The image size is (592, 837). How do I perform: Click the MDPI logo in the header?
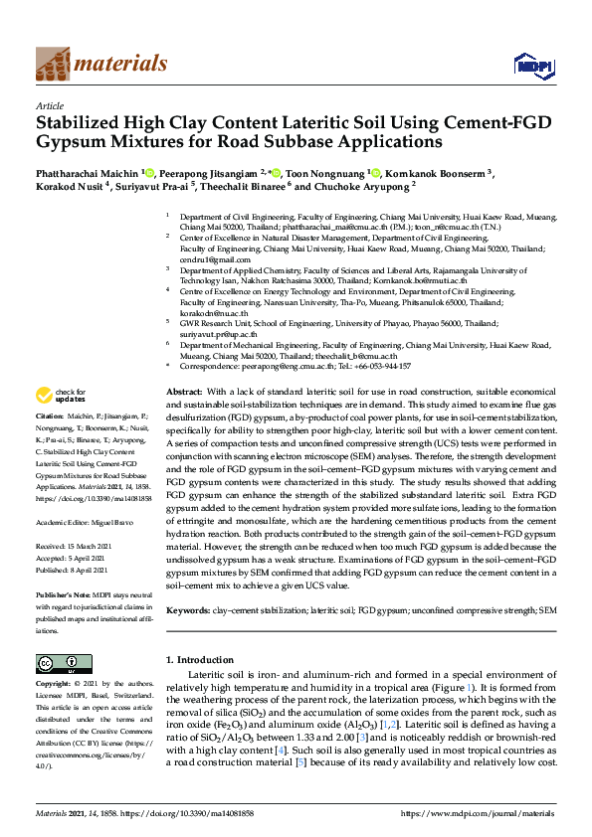pos(531,65)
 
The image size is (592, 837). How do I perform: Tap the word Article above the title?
pos(50,104)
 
